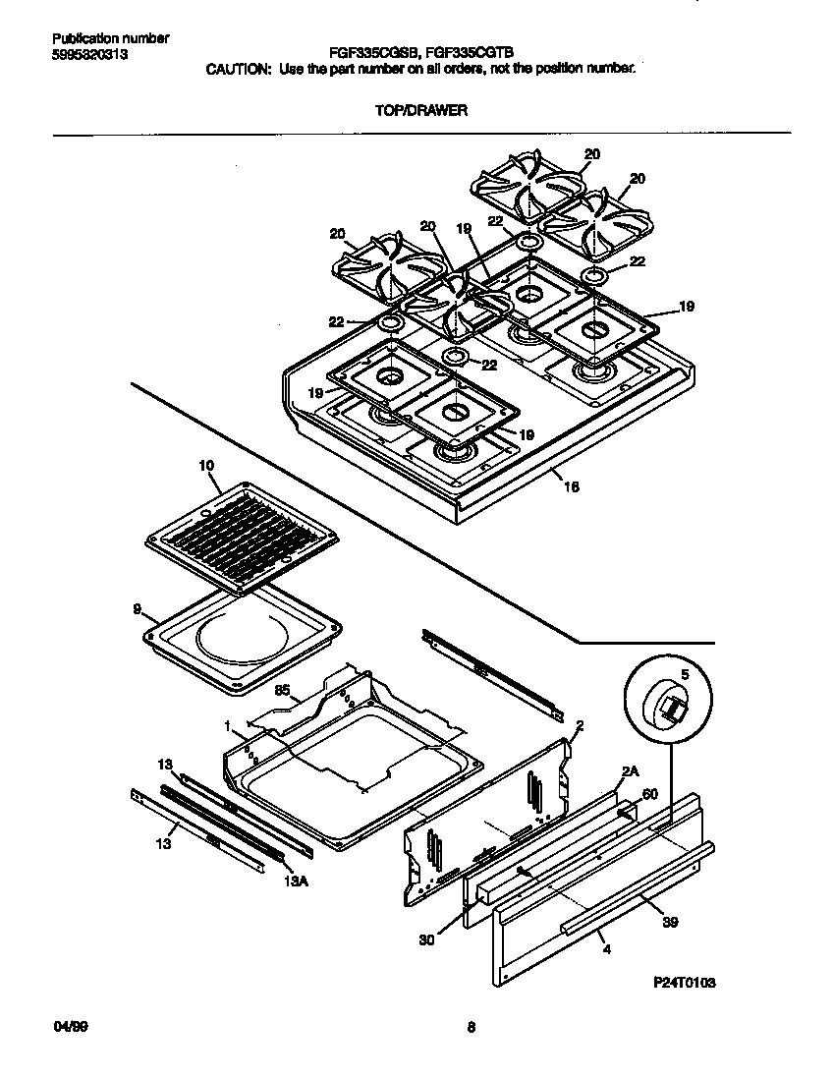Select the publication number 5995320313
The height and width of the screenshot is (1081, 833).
pyautogui.click(x=89, y=55)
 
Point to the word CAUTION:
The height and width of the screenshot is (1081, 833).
pyautogui.click(x=237, y=70)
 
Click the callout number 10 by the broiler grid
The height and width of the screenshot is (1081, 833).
pyautogui.click(x=205, y=465)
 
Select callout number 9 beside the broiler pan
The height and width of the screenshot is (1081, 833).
pyautogui.click(x=137, y=608)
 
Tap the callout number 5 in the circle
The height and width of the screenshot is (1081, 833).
pyautogui.click(x=685, y=675)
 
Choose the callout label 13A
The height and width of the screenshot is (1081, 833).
pyautogui.click(x=296, y=881)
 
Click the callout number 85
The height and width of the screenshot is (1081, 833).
pyautogui.click(x=281, y=691)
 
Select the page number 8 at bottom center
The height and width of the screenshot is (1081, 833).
pyautogui.click(x=472, y=1028)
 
